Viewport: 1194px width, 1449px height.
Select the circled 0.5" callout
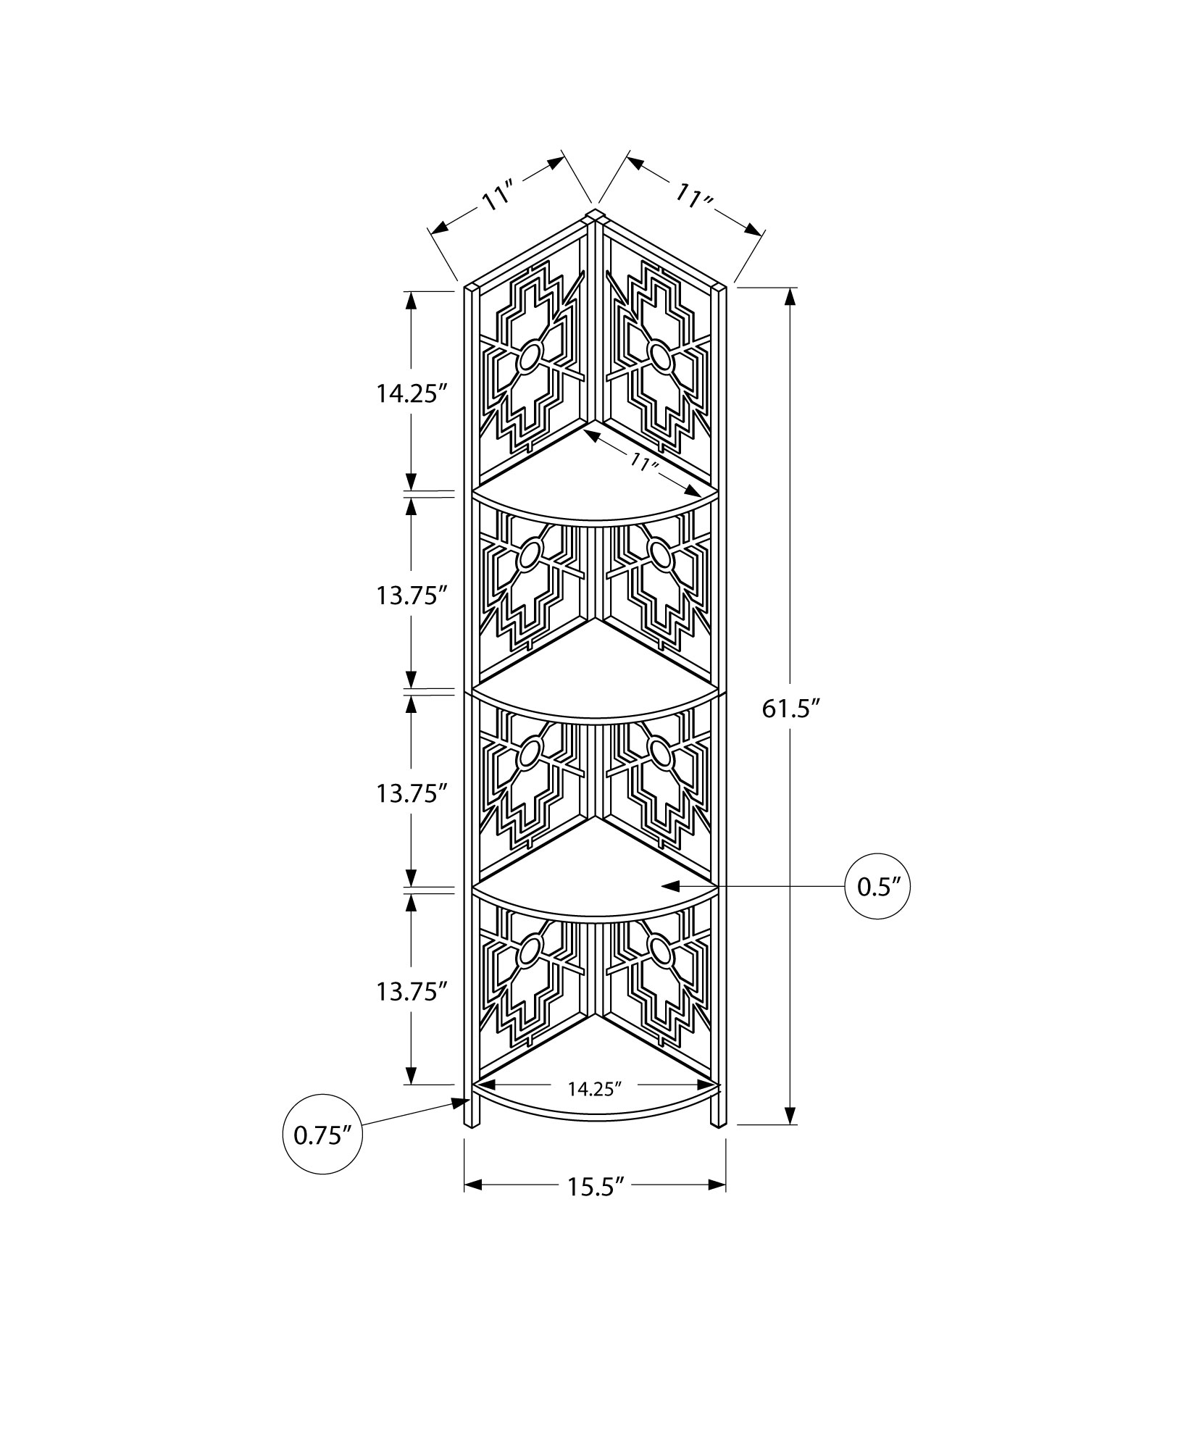(x=877, y=886)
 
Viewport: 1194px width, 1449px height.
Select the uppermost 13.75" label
(x=408, y=596)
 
